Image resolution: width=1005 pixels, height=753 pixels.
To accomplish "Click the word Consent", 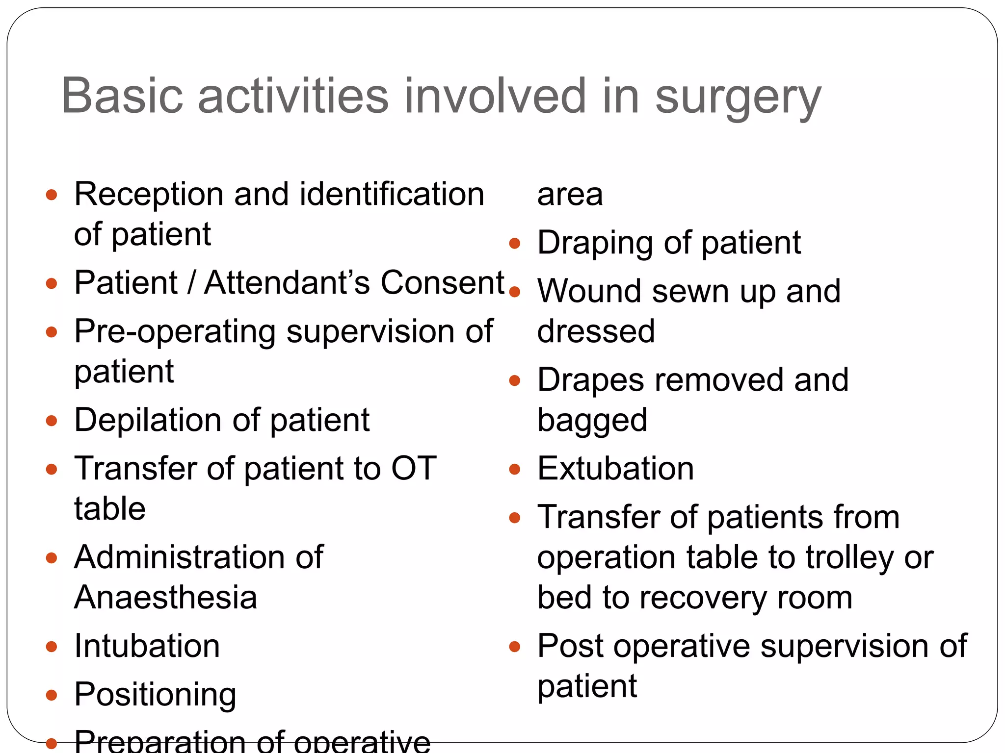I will (443, 282).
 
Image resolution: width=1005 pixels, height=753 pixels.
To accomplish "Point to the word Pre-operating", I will (175, 332).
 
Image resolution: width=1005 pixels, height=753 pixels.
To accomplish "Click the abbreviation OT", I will (413, 468).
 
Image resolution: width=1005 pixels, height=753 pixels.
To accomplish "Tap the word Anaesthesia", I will (166, 597).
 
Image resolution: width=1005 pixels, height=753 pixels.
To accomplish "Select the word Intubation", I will (147, 646).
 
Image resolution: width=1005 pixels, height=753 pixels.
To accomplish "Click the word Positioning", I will (155, 695).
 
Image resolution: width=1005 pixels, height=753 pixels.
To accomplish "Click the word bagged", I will (592, 421).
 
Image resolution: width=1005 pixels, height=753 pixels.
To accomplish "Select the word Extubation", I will (615, 468).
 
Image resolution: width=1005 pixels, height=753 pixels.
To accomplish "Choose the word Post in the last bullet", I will (570, 646).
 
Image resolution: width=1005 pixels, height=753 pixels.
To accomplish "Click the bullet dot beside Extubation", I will (514, 470).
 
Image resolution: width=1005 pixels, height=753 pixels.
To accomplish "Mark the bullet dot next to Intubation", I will (52, 647).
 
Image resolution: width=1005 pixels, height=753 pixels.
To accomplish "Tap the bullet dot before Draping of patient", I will (514, 244).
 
